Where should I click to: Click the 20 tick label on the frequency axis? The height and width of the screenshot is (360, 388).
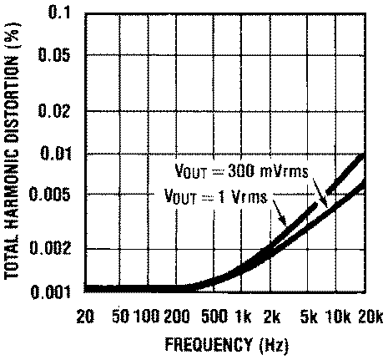[x=84, y=316]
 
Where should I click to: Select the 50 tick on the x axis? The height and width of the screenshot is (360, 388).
[x=118, y=316]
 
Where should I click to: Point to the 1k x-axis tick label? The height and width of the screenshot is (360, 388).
[x=244, y=316]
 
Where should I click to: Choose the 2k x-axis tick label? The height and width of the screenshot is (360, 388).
[x=272, y=316]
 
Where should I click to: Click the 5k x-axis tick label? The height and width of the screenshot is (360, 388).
[x=310, y=316]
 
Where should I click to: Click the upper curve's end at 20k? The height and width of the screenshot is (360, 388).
[x=364, y=156]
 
